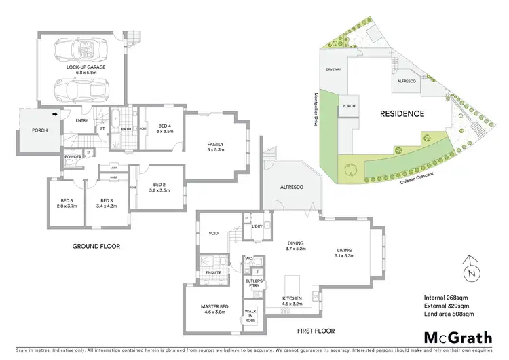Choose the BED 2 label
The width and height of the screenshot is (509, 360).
coord(160,188)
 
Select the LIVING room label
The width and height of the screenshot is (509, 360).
coord(345,254)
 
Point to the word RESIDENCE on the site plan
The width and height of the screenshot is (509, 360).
coord(402,114)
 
